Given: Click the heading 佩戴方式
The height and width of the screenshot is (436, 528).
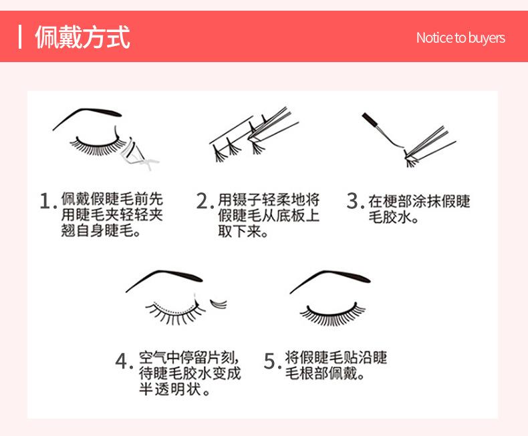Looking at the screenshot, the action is (82, 37).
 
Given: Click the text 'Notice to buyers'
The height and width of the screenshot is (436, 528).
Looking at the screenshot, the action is (460, 38).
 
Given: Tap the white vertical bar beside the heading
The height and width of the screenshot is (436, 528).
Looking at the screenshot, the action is (20, 37).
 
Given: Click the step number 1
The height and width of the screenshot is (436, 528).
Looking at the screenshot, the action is (47, 201).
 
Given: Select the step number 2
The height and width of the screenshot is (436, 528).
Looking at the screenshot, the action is (204, 201).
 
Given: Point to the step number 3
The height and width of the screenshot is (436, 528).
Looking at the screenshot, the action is (354, 201).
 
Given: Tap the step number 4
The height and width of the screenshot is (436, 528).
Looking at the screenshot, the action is (122, 361).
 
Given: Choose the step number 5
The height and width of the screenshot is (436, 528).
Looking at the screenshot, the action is (271, 361).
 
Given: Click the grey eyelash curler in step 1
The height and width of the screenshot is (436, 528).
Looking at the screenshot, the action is (138, 156).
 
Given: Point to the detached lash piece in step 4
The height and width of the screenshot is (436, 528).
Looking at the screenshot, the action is (219, 303).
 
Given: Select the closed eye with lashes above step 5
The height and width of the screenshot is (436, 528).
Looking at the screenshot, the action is (332, 314).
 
